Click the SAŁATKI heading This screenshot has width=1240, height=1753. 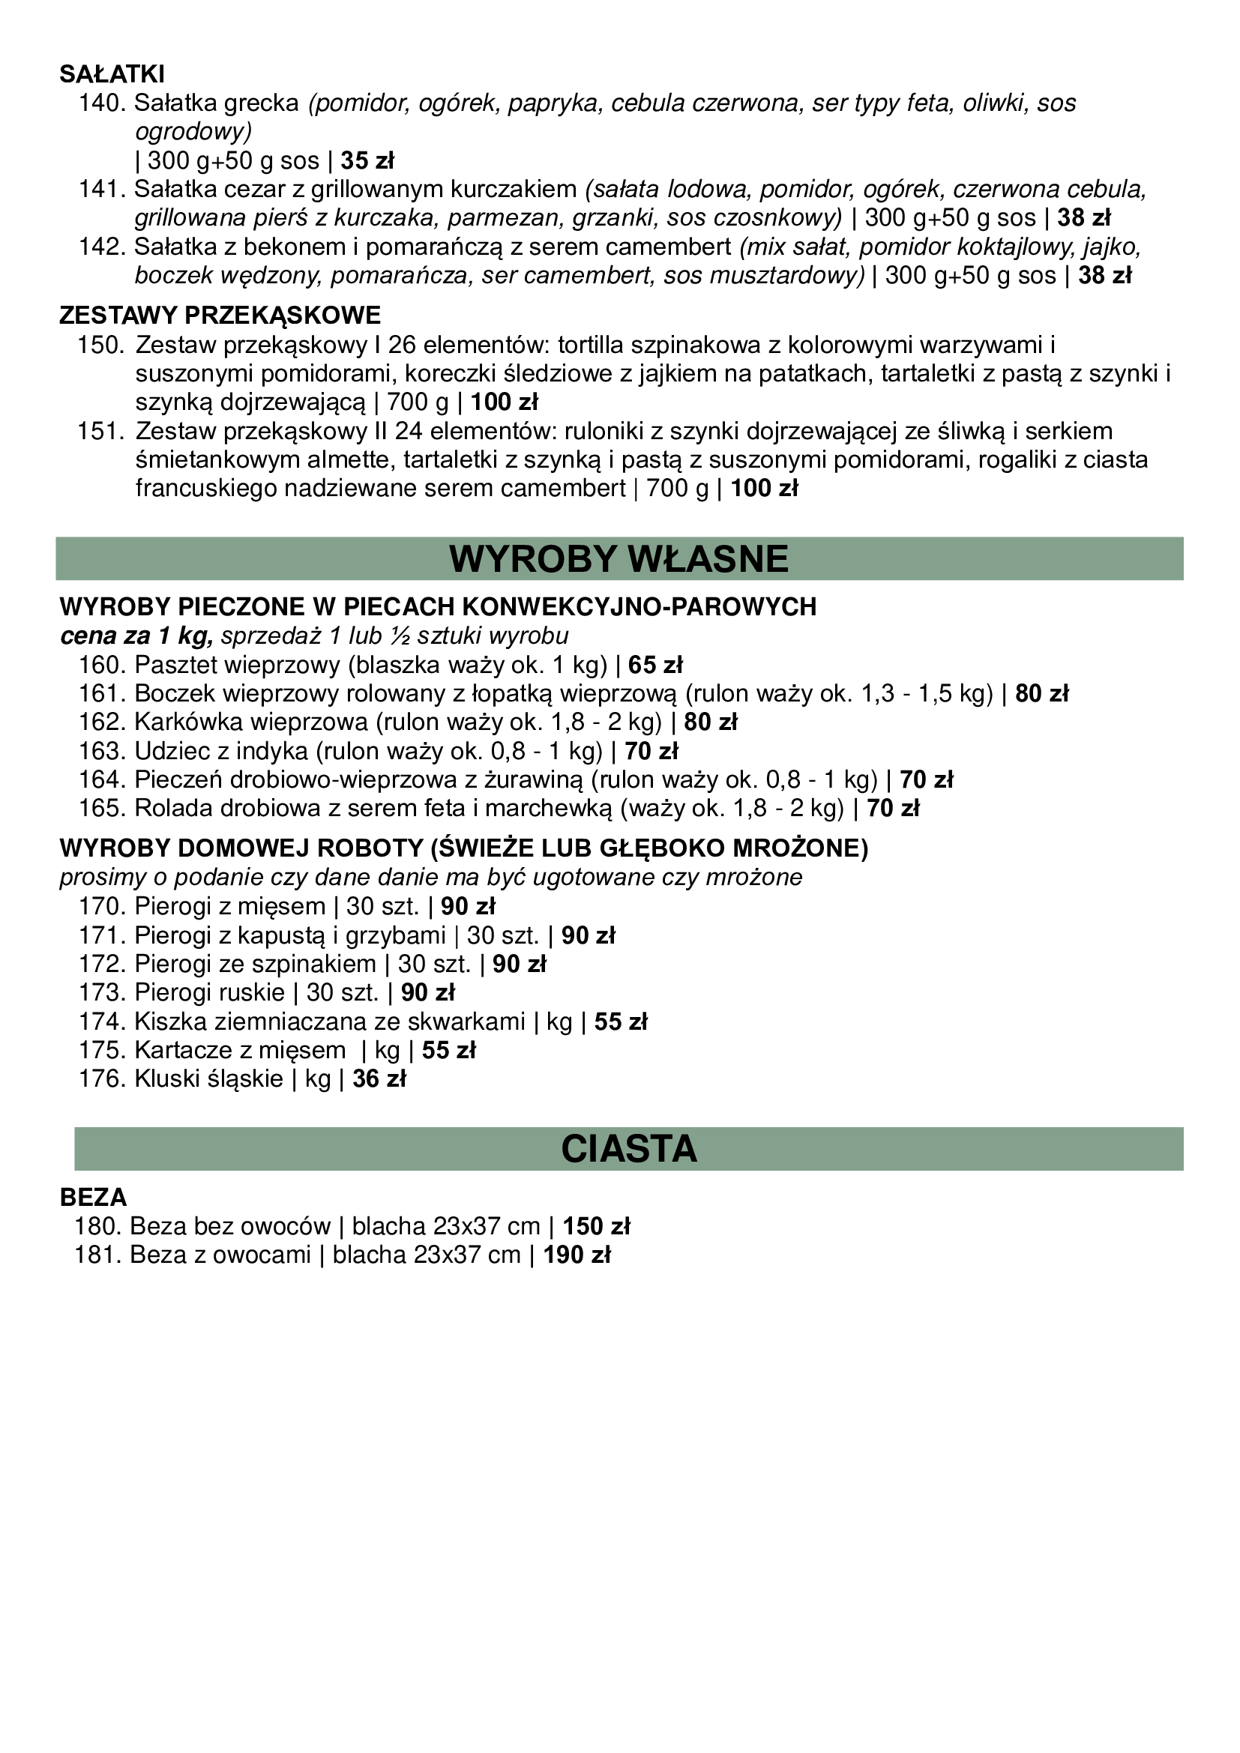pos(112,74)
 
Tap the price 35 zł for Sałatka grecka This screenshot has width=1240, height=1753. pos(367,161)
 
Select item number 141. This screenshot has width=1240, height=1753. pos(101,189)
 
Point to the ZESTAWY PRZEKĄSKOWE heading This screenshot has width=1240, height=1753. pos(220,316)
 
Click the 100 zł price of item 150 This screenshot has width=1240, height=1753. pos(504,402)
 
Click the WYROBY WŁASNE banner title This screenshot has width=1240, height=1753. pos(619,559)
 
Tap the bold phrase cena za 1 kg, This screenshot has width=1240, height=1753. pos(136,636)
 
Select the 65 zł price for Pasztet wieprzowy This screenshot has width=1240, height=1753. pos(655,665)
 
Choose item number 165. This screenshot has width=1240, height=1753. pos(101,809)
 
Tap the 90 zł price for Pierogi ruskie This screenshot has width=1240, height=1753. pos(427,992)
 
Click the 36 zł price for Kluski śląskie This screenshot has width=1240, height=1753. pos(379,1078)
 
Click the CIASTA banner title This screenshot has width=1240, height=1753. pos(628,1149)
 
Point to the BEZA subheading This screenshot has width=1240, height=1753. pos(93,1197)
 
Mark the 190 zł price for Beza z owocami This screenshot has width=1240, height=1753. pos(577,1255)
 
